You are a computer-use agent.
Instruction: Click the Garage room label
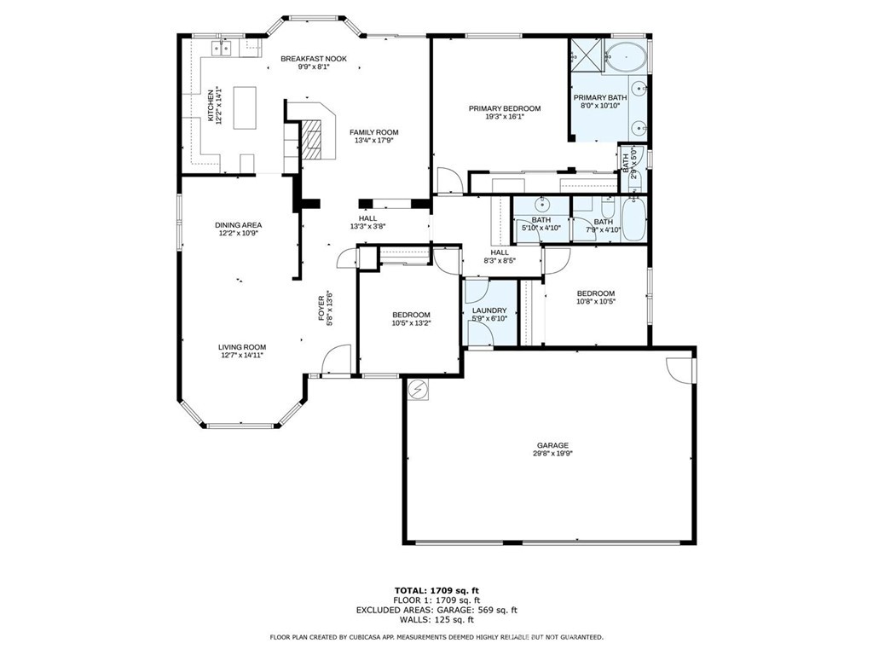(x=552, y=445)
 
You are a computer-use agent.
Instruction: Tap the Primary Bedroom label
(x=505, y=108)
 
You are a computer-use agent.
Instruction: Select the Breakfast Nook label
(x=314, y=59)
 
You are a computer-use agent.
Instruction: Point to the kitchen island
(x=245, y=107)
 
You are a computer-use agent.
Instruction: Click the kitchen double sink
(x=223, y=49)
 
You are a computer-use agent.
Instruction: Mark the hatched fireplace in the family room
(x=312, y=140)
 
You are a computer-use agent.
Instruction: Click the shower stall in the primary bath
(x=586, y=55)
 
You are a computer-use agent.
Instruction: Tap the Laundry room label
(x=489, y=310)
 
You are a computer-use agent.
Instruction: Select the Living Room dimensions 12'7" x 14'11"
(x=241, y=355)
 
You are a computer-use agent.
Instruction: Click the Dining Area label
(x=239, y=225)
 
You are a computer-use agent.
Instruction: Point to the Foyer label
(x=321, y=307)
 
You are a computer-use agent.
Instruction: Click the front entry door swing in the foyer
(x=336, y=362)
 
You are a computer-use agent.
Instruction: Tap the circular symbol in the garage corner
(x=418, y=389)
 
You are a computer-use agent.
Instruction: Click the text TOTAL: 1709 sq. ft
(x=436, y=590)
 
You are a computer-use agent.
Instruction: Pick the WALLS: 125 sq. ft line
(x=436, y=619)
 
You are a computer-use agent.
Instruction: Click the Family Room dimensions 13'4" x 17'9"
(x=373, y=141)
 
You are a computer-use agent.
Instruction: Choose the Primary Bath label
(x=600, y=97)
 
